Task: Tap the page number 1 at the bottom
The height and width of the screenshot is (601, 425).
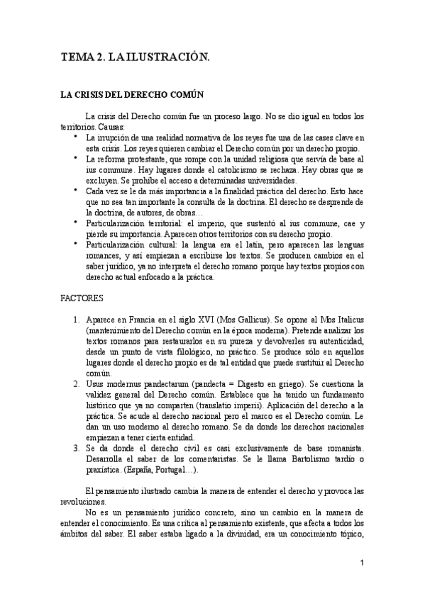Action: point(362,563)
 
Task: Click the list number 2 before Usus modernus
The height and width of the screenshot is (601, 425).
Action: point(76,383)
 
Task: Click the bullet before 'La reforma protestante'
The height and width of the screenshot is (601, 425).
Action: point(76,159)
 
